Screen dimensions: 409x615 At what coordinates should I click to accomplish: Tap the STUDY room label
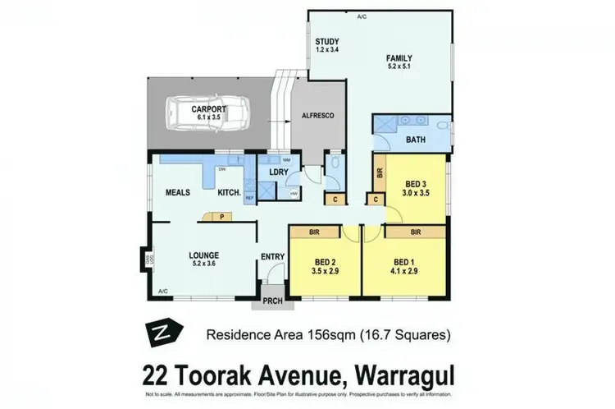[x=327, y=43]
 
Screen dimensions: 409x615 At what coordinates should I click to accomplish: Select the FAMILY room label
[x=403, y=57]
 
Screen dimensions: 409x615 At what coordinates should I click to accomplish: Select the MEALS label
[x=178, y=192]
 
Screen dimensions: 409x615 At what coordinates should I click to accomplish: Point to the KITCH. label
[x=229, y=193]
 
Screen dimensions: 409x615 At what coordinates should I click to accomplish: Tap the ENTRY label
[x=272, y=257]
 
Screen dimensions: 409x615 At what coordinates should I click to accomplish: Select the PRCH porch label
[x=273, y=301]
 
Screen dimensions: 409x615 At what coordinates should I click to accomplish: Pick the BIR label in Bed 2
[x=314, y=232]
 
